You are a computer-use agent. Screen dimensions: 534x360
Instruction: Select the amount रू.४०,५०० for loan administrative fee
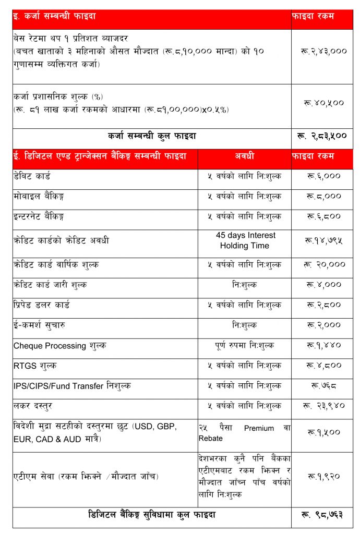pyautogui.click(x=322, y=103)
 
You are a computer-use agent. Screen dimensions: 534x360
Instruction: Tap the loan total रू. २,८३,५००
pyautogui.click(x=322, y=137)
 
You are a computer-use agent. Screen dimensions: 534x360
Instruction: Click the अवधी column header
pyautogui.click(x=244, y=156)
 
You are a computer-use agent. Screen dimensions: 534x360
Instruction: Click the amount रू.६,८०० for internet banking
pyautogui.click(x=322, y=216)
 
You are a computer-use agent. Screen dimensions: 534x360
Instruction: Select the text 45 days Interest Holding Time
pyautogui.click(x=244, y=240)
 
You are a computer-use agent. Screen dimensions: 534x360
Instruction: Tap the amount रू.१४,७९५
pyautogui.click(x=322, y=241)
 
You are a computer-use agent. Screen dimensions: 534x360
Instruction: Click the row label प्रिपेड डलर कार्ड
pyautogui.click(x=42, y=305)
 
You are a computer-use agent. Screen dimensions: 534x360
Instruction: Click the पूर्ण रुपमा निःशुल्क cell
pyautogui.click(x=244, y=346)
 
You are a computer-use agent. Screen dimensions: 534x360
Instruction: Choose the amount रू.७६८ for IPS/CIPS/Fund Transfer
pyautogui.click(x=322, y=386)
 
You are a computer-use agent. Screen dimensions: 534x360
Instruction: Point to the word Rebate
pyautogui.click(x=210, y=439)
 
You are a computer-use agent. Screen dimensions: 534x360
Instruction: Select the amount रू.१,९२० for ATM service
pyautogui.click(x=322, y=476)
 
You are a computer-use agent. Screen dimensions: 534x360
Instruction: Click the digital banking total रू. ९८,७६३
pyautogui.click(x=322, y=515)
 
